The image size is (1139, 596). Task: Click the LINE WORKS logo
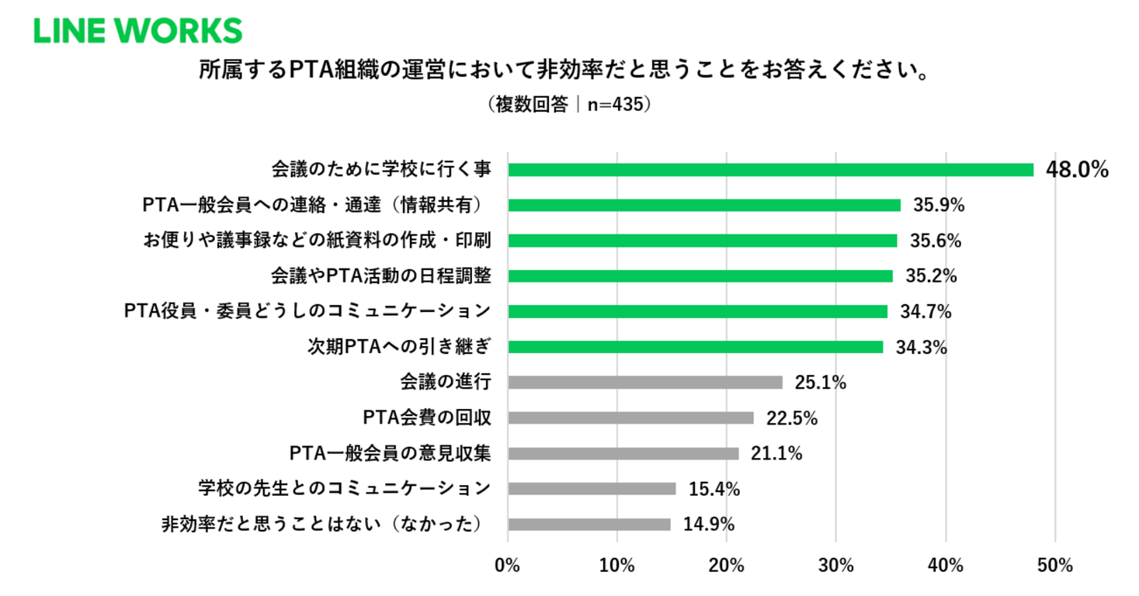(137, 30)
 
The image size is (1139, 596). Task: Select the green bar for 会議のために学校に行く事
(770, 170)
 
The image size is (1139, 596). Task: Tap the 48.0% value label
(1077, 170)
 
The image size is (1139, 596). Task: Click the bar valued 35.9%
(703, 206)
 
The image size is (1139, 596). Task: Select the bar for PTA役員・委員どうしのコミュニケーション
(697, 311)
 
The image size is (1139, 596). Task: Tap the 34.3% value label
(921, 347)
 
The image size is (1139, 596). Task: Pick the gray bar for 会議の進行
(644, 382)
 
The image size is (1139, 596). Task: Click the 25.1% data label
(820, 382)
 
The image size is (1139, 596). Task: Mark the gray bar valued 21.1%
(623, 453)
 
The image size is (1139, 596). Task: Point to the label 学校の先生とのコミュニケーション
(344, 488)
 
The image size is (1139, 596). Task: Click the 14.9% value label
(708, 524)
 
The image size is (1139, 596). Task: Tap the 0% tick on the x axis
(507, 565)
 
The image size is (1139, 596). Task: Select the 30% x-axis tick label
(836, 565)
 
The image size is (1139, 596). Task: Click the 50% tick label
(1055, 565)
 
